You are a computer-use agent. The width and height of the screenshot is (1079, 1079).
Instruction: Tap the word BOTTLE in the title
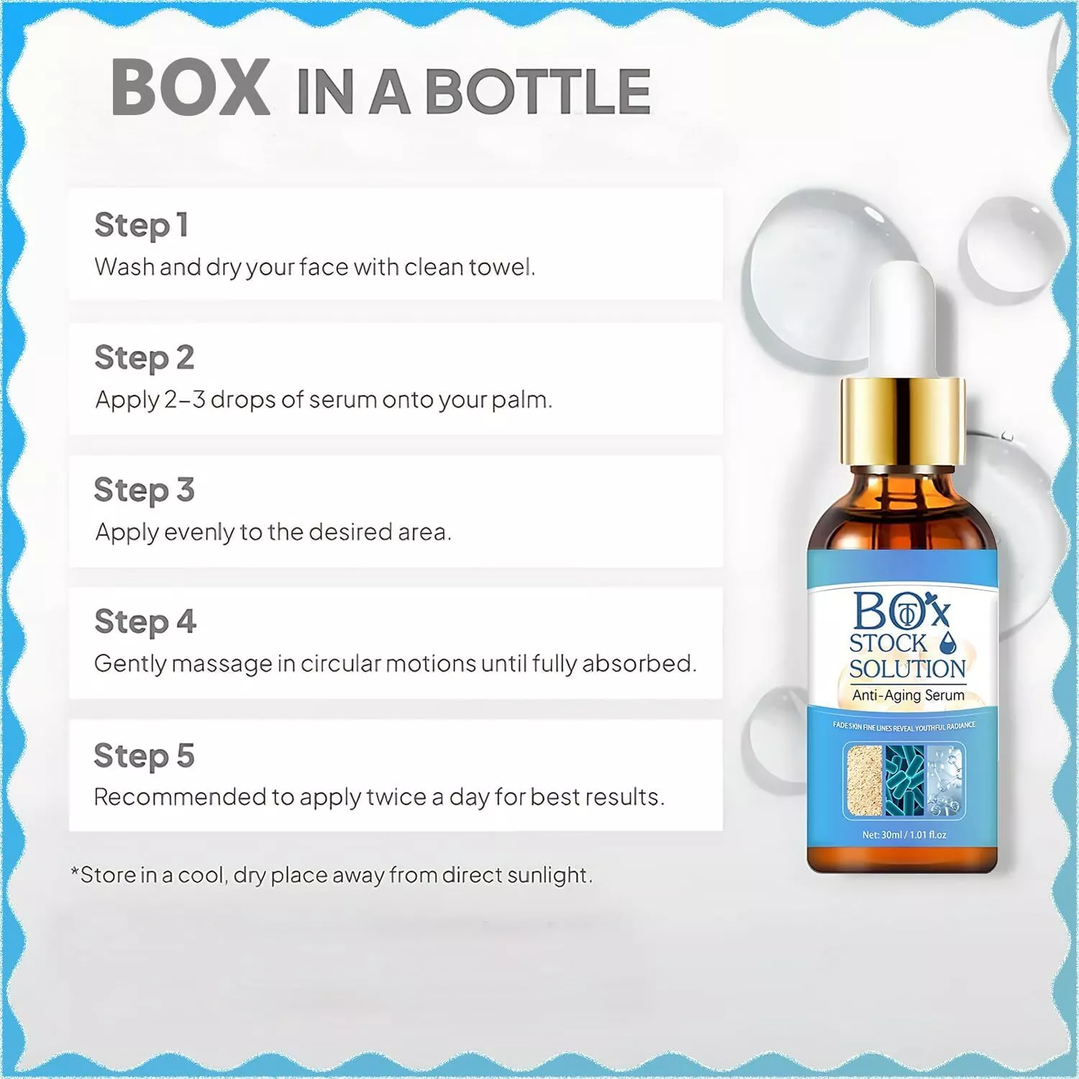pyautogui.click(x=538, y=91)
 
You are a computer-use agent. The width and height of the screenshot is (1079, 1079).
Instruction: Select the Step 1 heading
pyautogui.click(x=142, y=225)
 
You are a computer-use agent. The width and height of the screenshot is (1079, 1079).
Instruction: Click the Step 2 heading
pyautogui.click(x=145, y=358)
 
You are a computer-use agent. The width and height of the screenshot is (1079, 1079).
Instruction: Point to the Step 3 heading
pyautogui.click(x=145, y=491)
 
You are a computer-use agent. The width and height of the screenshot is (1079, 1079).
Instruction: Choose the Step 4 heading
pyautogui.click(x=145, y=622)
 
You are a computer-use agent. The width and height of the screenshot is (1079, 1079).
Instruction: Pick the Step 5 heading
pyautogui.click(x=145, y=756)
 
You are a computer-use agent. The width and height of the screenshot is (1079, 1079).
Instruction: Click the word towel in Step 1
pyautogui.click(x=501, y=267)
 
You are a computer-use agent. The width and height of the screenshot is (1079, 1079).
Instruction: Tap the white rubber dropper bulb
pyautogui.click(x=902, y=319)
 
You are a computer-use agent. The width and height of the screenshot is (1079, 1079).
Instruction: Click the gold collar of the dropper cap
pyautogui.click(x=903, y=421)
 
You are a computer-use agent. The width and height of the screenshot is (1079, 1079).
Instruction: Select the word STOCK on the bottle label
pyautogui.click(x=888, y=643)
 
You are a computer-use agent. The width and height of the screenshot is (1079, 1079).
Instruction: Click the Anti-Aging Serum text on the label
pyautogui.click(x=909, y=695)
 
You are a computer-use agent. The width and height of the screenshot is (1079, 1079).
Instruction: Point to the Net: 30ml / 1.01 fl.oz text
pyautogui.click(x=904, y=835)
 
